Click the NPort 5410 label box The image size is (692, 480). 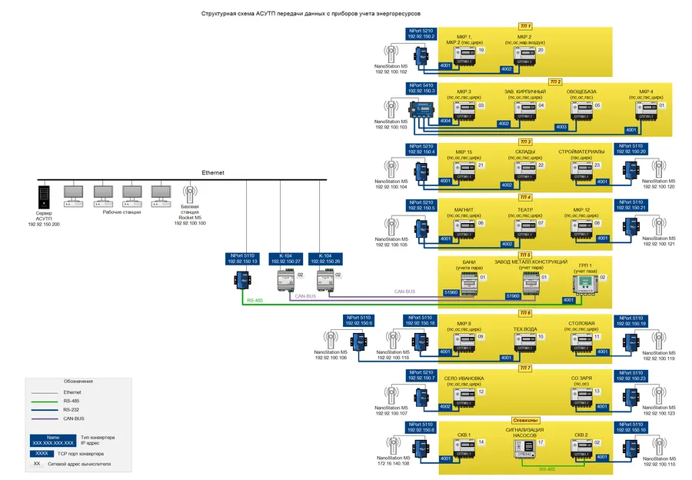421,88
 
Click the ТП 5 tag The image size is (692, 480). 526,255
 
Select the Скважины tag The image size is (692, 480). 525,421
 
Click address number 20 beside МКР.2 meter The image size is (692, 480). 540,50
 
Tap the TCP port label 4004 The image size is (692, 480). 445,122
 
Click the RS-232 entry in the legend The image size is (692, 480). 72,409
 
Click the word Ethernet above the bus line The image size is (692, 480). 213,173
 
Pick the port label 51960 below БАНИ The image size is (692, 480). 451,293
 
